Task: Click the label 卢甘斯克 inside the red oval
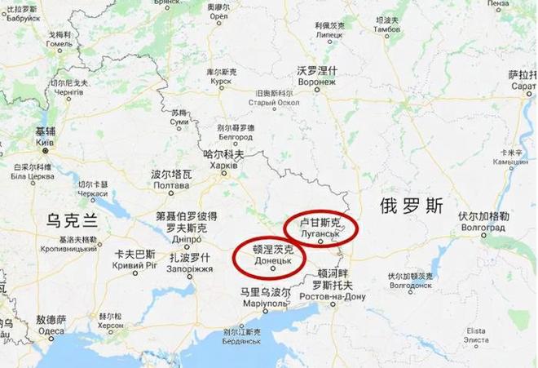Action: pyautogui.click(x=320, y=221)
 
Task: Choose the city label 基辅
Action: pyautogui.click(x=45, y=131)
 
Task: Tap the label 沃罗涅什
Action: pyautogui.click(x=317, y=71)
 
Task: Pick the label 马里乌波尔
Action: pyautogui.click(x=265, y=292)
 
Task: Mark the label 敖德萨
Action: pyautogui.click(x=50, y=319)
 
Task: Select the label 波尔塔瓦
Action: pyautogui.click(x=171, y=175)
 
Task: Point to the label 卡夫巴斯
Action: pyautogui.click(x=134, y=254)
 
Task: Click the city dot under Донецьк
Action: pyautogui.click(x=273, y=270)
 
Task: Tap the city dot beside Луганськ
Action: pyautogui.click(x=320, y=242)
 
